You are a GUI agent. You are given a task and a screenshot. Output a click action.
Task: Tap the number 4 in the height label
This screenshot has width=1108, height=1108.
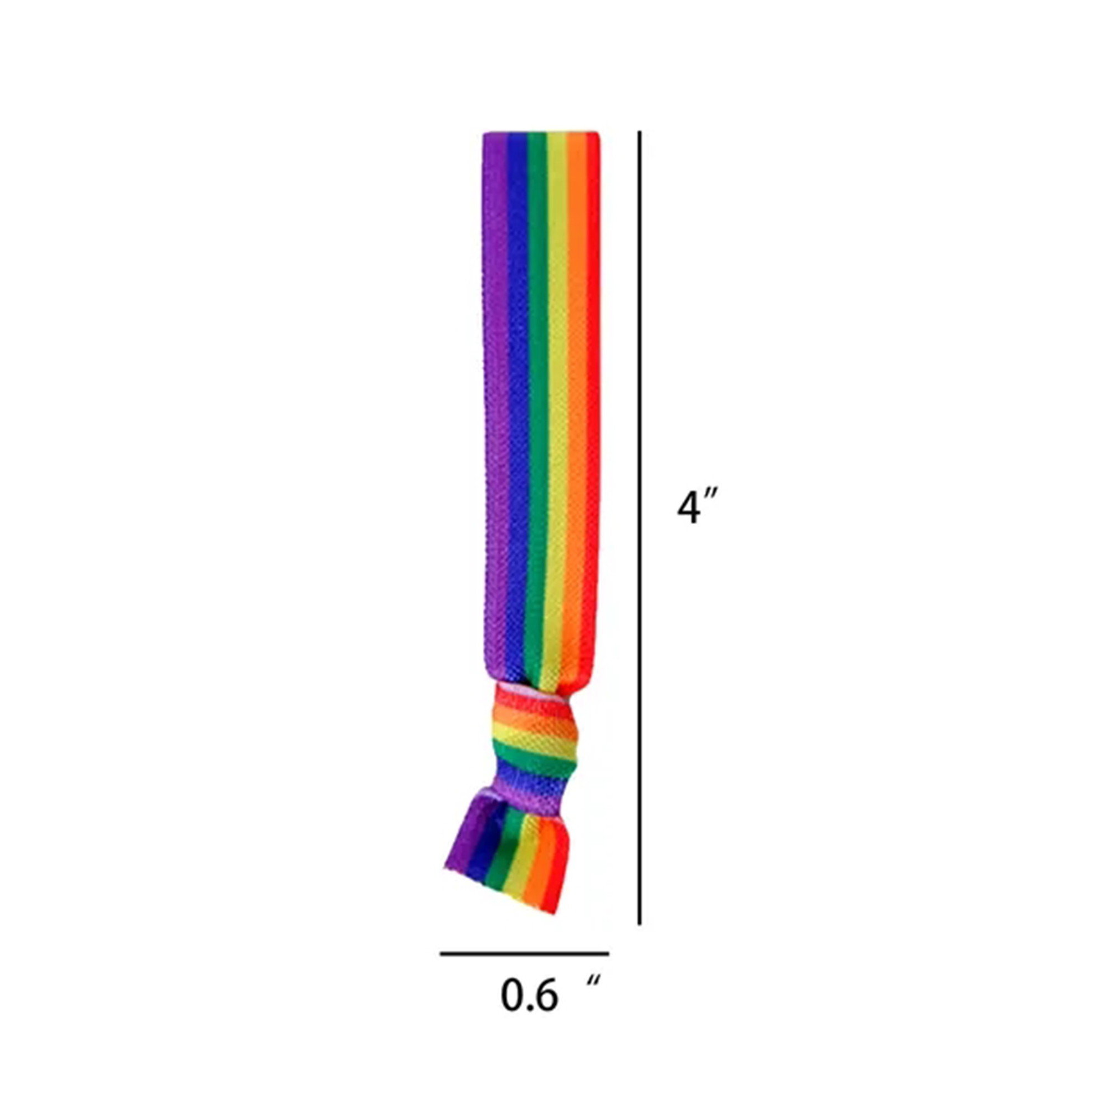(687, 507)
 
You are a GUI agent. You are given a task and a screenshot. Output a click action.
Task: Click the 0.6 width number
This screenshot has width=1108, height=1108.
(529, 995)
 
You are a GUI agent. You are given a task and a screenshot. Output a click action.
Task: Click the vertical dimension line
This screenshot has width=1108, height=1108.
(639, 516)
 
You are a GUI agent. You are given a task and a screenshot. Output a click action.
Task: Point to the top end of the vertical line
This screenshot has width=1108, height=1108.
(639, 132)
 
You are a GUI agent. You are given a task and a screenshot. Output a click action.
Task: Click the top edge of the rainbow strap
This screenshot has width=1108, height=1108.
(541, 134)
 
